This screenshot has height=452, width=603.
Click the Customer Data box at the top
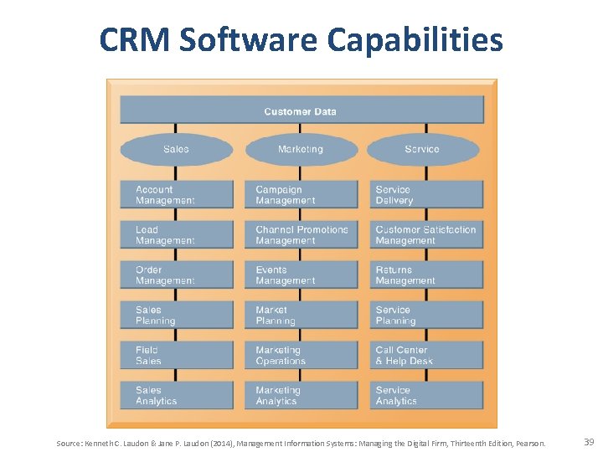[301, 110]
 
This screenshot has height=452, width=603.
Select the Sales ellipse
[176, 149]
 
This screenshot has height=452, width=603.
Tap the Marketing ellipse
[300, 149]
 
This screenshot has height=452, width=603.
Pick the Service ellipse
[422, 149]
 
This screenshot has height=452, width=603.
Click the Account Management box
[177, 195]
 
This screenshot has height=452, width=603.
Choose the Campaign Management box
[301, 195]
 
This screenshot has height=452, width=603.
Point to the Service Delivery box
[426, 195]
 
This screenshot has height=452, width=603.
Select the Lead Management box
[177, 235]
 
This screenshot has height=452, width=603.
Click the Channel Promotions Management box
[301, 235]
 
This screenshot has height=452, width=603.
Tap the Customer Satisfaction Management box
[426, 235]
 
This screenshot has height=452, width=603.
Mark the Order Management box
[177, 275]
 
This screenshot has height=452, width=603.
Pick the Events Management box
[301, 275]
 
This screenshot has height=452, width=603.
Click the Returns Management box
[426, 275]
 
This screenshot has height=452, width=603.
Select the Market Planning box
[301, 316]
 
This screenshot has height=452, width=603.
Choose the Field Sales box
[177, 356]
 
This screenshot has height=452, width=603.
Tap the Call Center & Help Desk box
[426, 356]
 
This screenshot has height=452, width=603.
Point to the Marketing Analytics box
[301, 395]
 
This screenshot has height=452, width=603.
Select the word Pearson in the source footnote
[529, 443]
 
